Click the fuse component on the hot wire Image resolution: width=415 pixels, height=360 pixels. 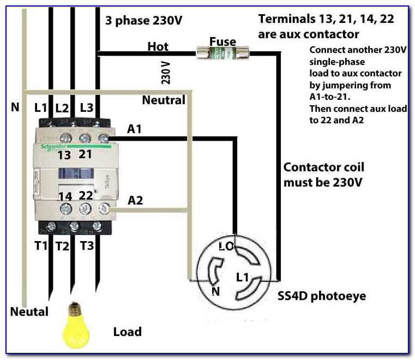point(223,53)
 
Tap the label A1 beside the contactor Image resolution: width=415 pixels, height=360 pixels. point(135,129)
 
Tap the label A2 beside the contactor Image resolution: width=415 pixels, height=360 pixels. point(135,200)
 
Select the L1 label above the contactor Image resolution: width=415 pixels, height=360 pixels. point(41,107)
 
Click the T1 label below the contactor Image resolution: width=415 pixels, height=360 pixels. point(41,246)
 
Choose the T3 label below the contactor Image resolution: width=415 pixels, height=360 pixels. point(87,246)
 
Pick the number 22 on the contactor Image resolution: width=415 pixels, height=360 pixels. point(86,195)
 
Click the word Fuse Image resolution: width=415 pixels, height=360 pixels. point(223,41)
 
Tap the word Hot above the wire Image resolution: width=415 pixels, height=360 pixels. point(158,47)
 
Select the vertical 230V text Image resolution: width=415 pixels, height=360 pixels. point(166,73)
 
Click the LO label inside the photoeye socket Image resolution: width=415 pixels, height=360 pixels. point(226,246)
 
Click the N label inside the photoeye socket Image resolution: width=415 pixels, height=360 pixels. point(215,291)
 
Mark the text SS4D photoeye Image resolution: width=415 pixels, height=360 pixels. point(322,296)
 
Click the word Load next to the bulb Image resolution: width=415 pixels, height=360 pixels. point(127,332)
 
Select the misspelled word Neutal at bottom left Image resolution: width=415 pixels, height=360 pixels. point(29,311)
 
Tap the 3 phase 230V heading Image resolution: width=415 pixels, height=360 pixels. point(144,21)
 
